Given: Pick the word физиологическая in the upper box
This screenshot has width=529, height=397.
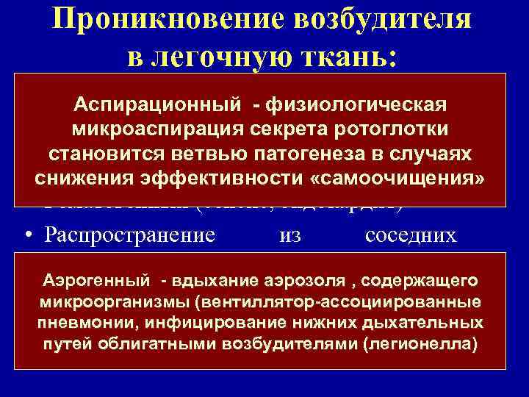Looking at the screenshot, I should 359,104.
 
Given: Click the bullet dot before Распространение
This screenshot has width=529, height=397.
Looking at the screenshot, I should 27,237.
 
